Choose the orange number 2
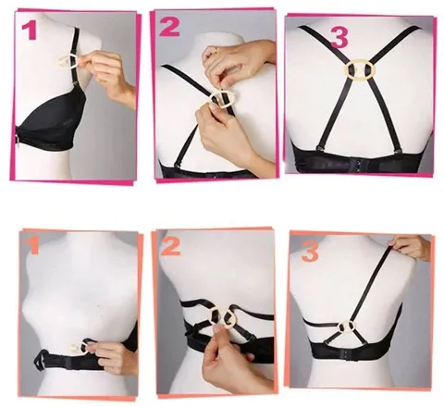171,248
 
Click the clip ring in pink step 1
67,61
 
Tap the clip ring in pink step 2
222,100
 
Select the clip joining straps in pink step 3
360,68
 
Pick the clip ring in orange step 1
84,346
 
